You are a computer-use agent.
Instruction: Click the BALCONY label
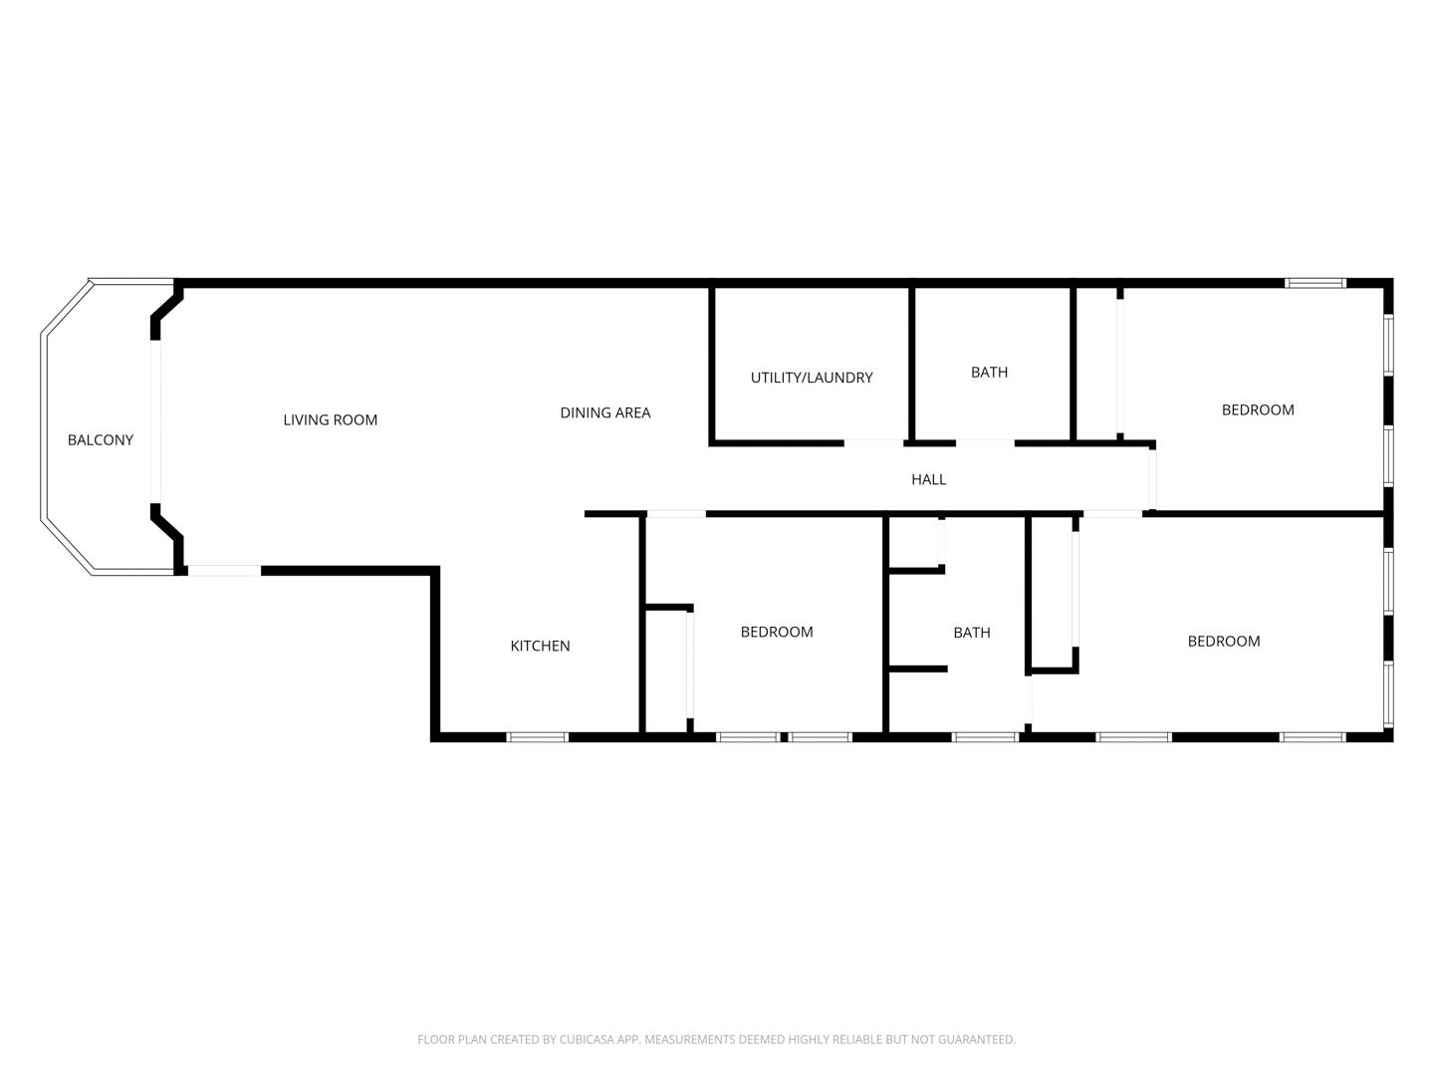pyautogui.click(x=101, y=439)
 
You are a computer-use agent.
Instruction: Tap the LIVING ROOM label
pyautogui.click(x=330, y=420)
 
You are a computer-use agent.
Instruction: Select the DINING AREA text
pyautogui.click(x=604, y=412)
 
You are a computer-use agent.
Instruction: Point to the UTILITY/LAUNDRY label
pyautogui.click(x=812, y=378)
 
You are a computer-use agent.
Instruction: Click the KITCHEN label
pyautogui.click(x=540, y=647)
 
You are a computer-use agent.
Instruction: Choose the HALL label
pyautogui.click(x=928, y=479)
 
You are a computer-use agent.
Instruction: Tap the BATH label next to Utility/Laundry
pyautogui.click(x=989, y=373)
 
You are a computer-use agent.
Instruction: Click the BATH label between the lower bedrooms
pyautogui.click(x=972, y=633)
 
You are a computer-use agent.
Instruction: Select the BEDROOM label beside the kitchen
pyautogui.click(x=777, y=632)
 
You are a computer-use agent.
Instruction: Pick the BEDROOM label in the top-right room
pyautogui.click(x=1258, y=409)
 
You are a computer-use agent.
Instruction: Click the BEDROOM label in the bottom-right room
pyautogui.click(x=1224, y=641)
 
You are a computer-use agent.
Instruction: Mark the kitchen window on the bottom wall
pyautogui.click(x=537, y=737)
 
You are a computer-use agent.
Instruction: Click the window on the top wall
pyautogui.click(x=1315, y=283)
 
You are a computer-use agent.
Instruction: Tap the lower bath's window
pyautogui.click(x=985, y=737)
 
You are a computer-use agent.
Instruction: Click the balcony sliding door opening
pyautogui.click(x=155, y=421)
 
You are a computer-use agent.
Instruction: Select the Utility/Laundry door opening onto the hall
pyautogui.click(x=873, y=443)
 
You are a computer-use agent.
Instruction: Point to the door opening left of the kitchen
pyautogui.click(x=225, y=570)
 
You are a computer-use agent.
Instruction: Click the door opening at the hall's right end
pyautogui.click(x=1152, y=479)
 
